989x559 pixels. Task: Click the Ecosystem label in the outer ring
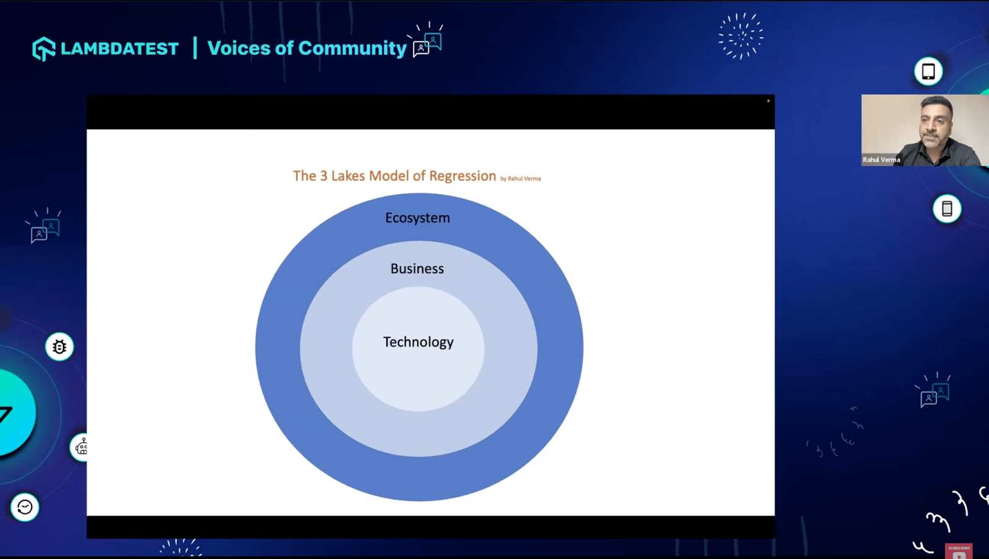tap(417, 218)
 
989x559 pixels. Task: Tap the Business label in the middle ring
tap(417, 269)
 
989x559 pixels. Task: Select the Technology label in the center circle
tap(418, 342)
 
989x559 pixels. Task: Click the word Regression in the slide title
tap(462, 176)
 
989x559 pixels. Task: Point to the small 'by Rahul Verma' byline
tap(520, 179)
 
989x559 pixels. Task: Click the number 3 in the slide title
tap(324, 176)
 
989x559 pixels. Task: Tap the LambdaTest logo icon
tap(44, 49)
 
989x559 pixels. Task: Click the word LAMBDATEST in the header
tap(120, 49)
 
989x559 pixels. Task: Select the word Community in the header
tap(352, 48)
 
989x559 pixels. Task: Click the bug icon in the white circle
tap(59, 347)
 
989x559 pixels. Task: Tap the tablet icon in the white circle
tap(928, 71)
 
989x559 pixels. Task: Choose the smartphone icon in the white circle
tap(946, 209)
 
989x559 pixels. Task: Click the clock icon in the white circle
tap(25, 507)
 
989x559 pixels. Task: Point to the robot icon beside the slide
tap(81, 448)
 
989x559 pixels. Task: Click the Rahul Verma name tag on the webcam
tap(881, 160)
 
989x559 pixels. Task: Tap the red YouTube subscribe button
tap(959, 552)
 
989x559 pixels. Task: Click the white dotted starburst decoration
tap(741, 36)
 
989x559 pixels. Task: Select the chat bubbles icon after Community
tap(427, 41)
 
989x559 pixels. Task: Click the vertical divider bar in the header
tap(195, 48)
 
